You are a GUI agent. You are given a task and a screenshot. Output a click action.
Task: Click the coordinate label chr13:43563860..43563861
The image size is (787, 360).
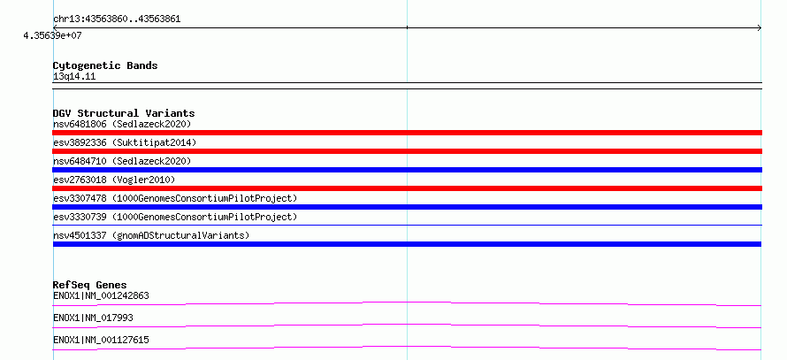[x=117, y=19]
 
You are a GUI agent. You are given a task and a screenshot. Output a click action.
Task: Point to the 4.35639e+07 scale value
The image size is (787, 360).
[x=53, y=36]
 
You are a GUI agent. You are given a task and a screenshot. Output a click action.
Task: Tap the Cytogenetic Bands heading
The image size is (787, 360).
[x=105, y=65]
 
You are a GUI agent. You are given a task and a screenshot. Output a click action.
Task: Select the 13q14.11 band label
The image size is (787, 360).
[x=74, y=77]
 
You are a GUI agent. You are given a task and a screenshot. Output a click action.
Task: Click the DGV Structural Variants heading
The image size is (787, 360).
[x=124, y=113]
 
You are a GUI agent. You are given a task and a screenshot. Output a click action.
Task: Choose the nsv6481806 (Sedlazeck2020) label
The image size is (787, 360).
[x=122, y=124]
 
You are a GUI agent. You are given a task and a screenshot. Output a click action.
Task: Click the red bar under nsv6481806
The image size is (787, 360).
[x=407, y=133]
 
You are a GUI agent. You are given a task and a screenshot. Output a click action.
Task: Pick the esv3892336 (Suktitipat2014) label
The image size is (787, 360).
[x=125, y=142]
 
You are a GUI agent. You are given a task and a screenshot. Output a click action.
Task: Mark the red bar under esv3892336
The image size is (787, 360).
[x=407, y=151]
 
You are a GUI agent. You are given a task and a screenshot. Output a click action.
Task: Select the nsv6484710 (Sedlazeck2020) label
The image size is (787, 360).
[x=122, y=161]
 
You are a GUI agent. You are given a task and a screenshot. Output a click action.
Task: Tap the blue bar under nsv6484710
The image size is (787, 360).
[x=407, y=170]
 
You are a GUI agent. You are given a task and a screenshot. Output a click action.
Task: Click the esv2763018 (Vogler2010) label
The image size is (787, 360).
[x=114, y=180]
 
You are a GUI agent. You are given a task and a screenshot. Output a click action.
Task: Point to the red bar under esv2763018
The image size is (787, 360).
[x=407, y=188]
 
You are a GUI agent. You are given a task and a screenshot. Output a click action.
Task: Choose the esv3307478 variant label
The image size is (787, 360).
[x=175, y=198]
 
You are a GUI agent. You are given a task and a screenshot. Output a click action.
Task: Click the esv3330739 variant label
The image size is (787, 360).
[x=175, y=217]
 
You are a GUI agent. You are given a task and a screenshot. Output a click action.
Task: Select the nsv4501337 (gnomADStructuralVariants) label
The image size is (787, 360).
[x=151, y=235]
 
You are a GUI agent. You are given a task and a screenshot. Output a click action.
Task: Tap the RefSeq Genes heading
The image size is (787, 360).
[x=90, y=285]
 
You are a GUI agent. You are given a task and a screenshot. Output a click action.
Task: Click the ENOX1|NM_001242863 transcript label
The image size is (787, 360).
[x=101, y=295]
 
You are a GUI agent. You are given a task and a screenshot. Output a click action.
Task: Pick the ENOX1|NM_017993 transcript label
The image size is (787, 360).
[x=93, y=318]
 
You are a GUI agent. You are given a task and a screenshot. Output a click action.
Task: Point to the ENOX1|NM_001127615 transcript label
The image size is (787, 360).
[x=101, y=340]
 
